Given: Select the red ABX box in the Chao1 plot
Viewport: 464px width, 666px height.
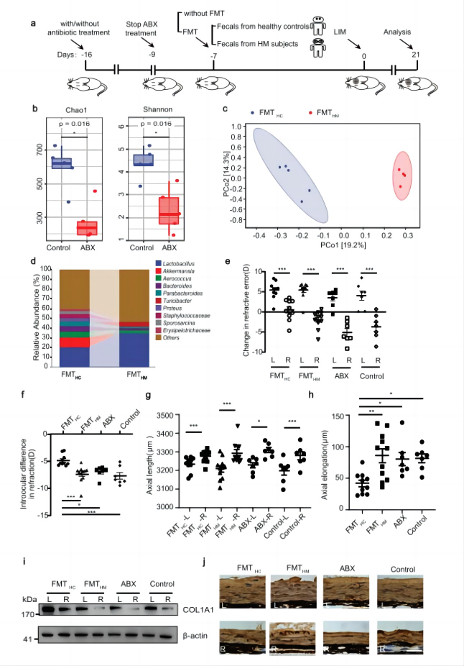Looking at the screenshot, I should click(87, 228).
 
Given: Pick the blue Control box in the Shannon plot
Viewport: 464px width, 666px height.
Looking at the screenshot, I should click(143, 160).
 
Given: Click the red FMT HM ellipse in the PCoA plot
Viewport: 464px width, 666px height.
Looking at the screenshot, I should click(404, 183).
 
